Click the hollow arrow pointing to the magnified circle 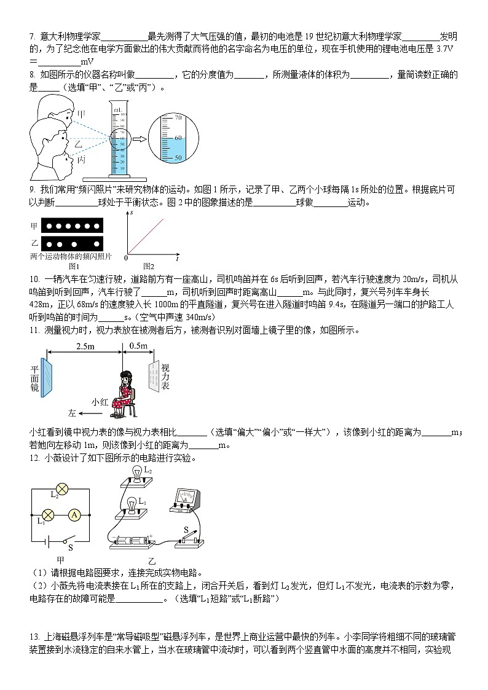(140, 139)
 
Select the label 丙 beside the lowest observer (81, 160)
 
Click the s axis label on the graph (132, 213)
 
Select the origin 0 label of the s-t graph (126, 257)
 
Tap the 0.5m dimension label (138, 347)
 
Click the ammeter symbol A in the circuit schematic (73, 515)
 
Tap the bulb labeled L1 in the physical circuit (131, 504)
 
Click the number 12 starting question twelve (34, 458)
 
